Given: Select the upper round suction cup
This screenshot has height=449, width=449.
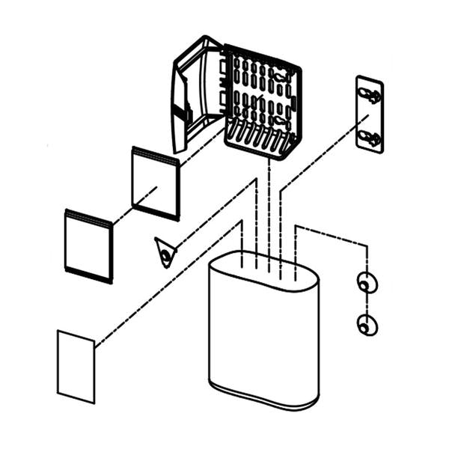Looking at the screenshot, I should [x=367, y=284].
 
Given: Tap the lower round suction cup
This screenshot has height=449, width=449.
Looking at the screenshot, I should [x=367, y=326].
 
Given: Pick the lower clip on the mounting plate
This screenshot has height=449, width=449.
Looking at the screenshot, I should [x=370, y=137].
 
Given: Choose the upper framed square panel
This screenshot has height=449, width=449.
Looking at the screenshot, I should [x=156, y=183].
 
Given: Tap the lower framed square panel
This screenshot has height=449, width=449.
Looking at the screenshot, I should [x=88, y=245].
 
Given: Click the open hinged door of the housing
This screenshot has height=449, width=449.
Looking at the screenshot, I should [x=196, y=94].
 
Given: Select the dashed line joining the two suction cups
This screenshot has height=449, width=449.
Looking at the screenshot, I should [x=367, y=305].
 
